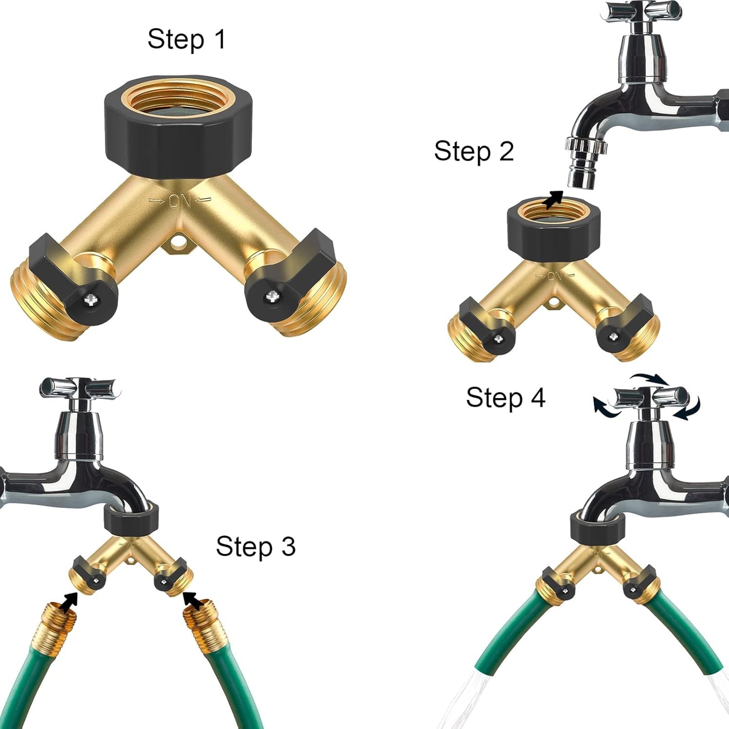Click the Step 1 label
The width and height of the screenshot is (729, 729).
(x=186, y=39)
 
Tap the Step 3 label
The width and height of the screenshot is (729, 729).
(x=255, y=546)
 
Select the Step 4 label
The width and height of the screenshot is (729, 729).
(x=505, y=398)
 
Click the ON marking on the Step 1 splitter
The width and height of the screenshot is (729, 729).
(x=180, y=202)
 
